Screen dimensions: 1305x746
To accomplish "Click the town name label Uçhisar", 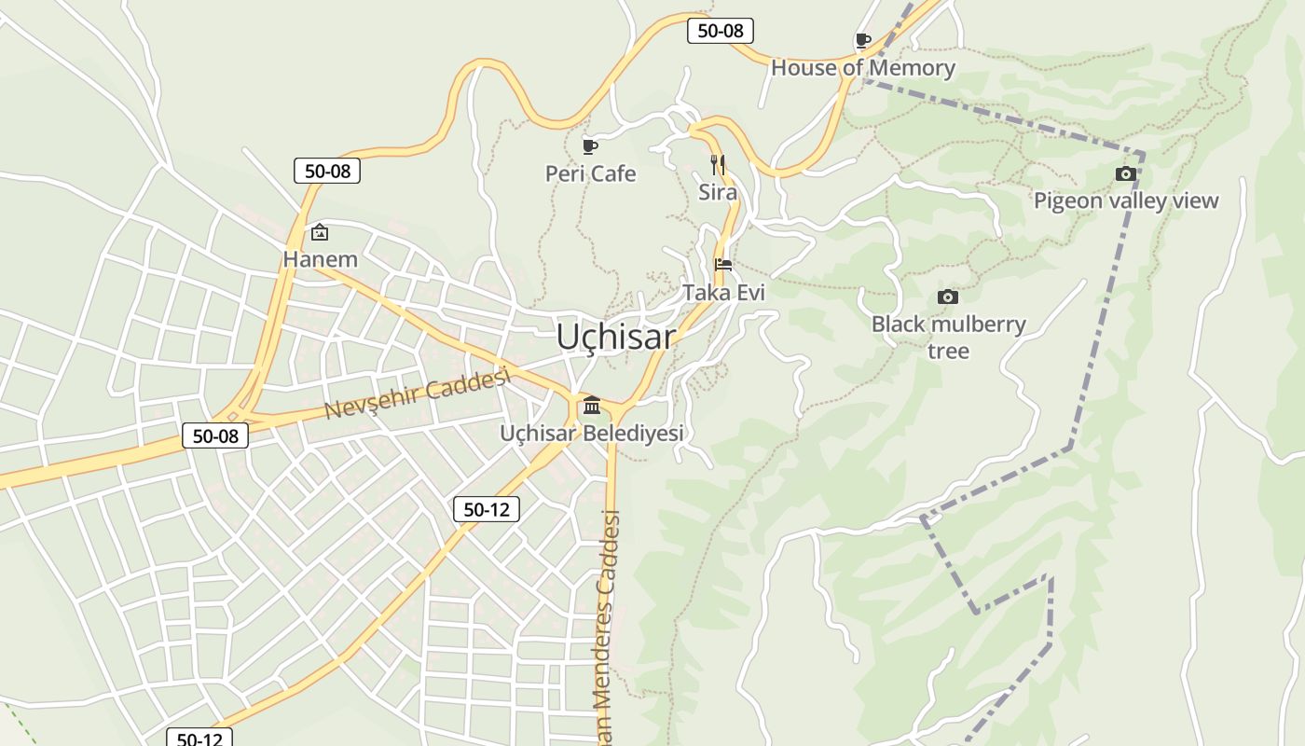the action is pos(615,337).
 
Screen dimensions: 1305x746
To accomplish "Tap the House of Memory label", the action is pos(862,68).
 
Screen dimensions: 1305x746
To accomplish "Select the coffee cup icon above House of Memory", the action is pos(863,40).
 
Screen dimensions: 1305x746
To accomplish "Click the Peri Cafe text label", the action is pos(590,173).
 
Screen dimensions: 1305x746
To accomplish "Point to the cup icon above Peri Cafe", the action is pos(589,146).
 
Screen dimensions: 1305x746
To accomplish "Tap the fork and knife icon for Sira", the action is pos(718,165).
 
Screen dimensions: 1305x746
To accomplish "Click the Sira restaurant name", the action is pos(718,192).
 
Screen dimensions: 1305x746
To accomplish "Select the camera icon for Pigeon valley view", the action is pos(1125,173).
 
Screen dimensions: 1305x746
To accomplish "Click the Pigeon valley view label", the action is pos(1125,200).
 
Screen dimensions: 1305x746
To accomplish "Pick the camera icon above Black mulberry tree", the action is pos(948,297).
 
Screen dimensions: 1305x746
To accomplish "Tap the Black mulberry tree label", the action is pos(948,337).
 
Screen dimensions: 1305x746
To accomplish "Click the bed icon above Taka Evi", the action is pos(722,265).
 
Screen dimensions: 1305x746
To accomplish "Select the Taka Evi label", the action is pos(723,293).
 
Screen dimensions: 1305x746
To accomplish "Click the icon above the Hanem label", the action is pos(320,231).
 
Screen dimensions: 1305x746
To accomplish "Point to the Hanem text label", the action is pos(320,259).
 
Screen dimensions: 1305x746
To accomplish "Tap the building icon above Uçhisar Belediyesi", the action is pos(592,405).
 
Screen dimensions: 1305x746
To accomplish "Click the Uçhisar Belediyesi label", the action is pos(592,433).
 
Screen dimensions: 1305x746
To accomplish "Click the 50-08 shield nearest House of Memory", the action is pos(720,31).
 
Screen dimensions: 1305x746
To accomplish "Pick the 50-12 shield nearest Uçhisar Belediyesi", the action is pos(486,509).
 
